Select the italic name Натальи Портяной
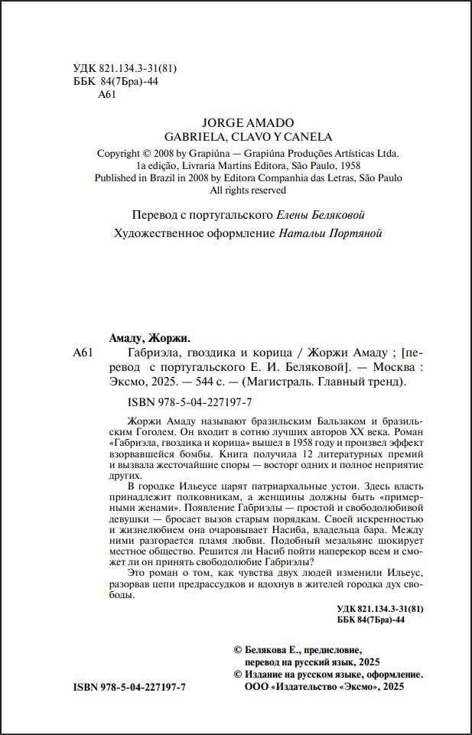(329, 233)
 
